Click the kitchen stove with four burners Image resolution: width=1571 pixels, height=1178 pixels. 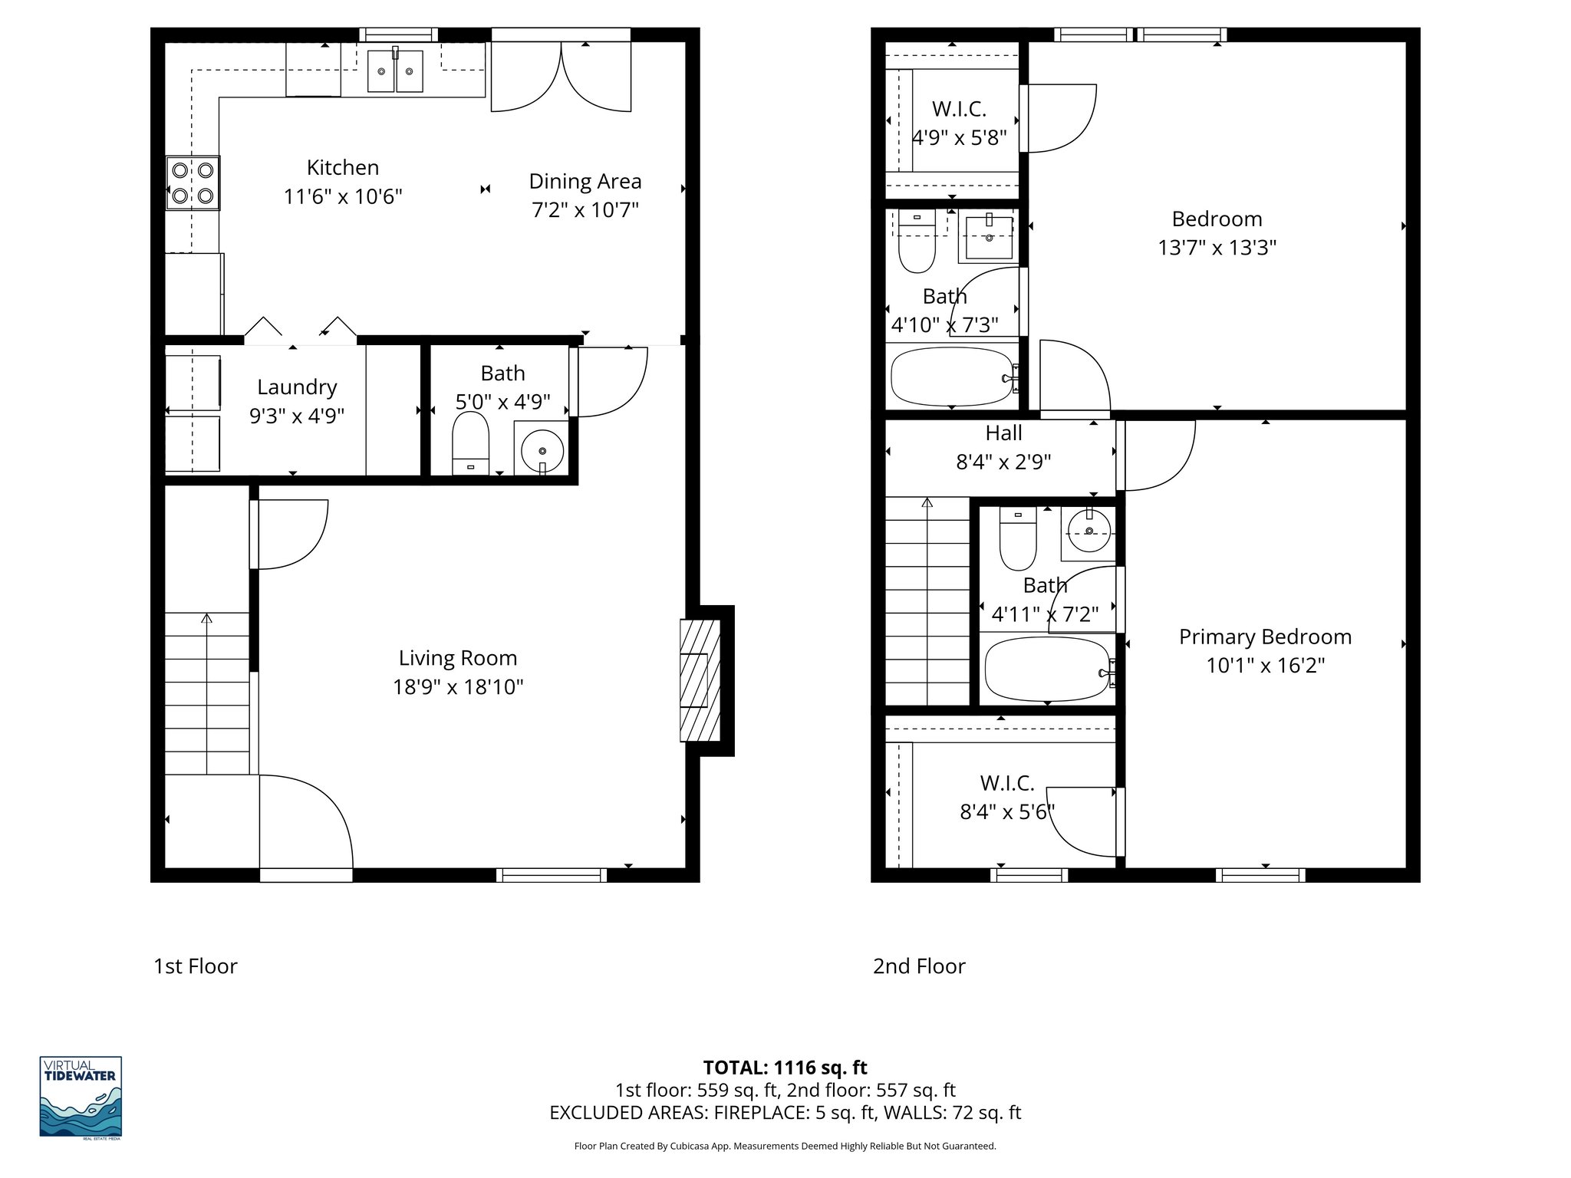click(193, 183)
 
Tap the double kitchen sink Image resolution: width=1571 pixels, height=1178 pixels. click(395, 71)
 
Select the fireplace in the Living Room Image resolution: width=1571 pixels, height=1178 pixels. click(700, 680)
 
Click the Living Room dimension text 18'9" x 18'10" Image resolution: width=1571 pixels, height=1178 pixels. click(458, 687)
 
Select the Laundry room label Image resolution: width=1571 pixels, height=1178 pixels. click(297, 387)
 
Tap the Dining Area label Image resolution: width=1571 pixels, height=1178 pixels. click(585, 182)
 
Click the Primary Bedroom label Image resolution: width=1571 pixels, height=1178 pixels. click(1265, 637)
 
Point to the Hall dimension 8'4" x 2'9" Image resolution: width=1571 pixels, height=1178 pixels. click(1003, 462)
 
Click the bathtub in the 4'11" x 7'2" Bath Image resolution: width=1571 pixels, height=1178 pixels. click(1047, 668)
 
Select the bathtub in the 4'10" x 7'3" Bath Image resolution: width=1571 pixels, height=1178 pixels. click(952, 377)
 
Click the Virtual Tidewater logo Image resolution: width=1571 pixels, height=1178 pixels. click(81, 1097)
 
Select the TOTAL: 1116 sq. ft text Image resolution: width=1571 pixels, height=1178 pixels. click(785, 1068)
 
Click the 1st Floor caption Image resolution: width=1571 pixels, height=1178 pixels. click(196, 966)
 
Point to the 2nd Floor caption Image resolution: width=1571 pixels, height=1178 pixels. click(919, 966)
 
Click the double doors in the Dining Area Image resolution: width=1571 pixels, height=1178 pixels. click(561, 77)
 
